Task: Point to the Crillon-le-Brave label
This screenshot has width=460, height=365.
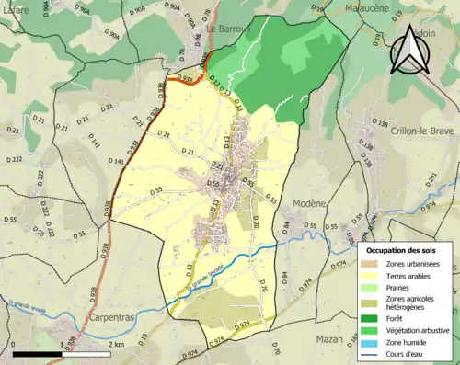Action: click(408, 131)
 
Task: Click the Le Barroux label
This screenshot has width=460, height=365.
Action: click(227, 28)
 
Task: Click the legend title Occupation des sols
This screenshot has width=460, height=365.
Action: click(402, 250)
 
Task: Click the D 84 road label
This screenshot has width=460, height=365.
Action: click(284, 224)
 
